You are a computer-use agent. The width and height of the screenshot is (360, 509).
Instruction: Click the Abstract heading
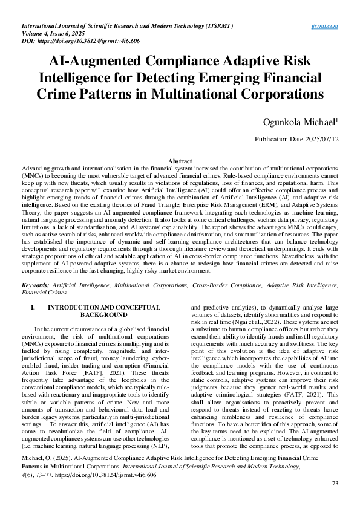(180, 161)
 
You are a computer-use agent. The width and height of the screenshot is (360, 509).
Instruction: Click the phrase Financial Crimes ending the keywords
(44, 291)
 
